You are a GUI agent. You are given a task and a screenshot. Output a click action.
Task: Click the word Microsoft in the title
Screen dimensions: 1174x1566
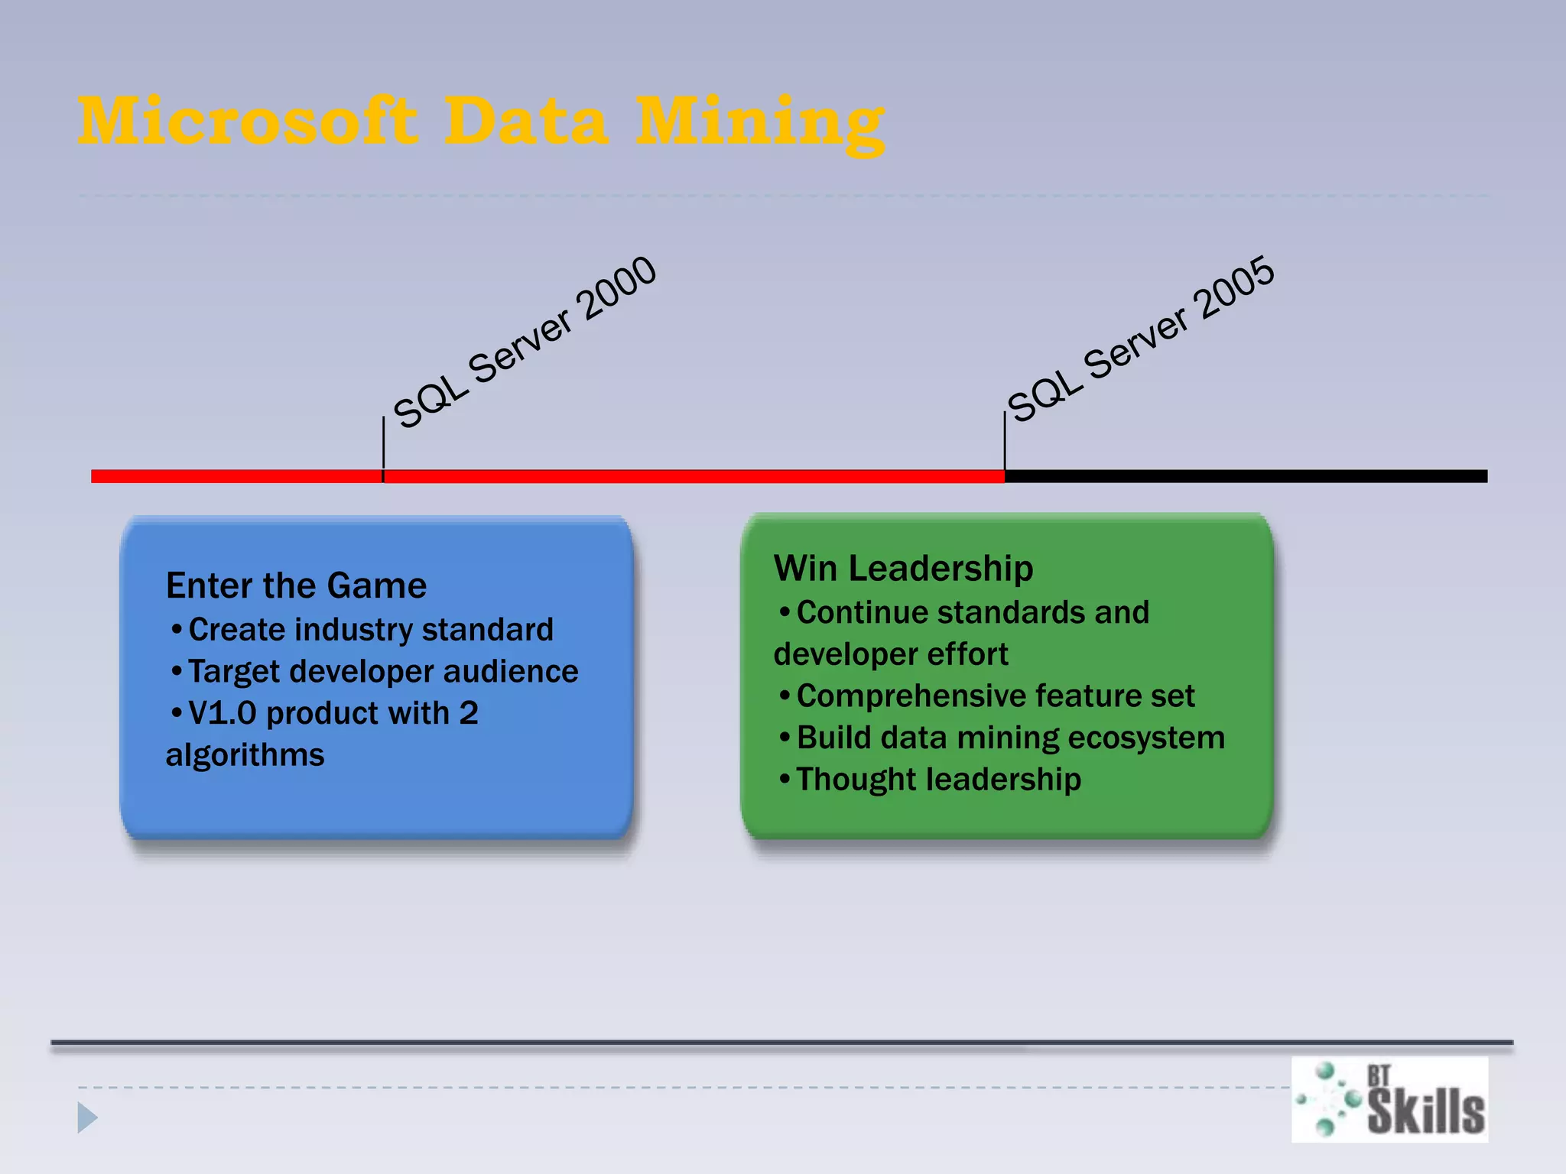pyautogui.click(x=249, y=121)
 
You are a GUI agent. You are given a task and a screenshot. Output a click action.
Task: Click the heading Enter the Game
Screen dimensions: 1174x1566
pyautogui.click(x=296, y=585)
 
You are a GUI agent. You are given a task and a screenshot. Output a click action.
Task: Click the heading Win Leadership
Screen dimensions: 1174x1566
pyautogui.click(x=903, y=569)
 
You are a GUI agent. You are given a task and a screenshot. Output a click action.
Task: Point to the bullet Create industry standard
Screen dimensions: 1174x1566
pyautogui.click(x=370, y=630)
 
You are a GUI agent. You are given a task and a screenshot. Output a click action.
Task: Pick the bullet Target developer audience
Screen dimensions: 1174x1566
pyautogui.click(x=382, y=671)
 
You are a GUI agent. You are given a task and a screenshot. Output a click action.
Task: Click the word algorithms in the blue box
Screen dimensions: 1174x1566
pyautogui.click(x=245, y=755)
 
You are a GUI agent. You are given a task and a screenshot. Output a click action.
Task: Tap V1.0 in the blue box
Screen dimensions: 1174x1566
pyautogui.click(x=222, y=713)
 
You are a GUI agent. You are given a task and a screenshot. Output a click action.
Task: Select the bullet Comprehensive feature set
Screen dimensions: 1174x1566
pyautogui.click(x=994, y=696)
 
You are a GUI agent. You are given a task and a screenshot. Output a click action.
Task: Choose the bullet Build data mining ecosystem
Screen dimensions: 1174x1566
pyautogui.click(x=1009, y=738)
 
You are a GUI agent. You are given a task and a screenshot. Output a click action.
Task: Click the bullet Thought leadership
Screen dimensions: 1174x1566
pyautogui.click(x=938, y=780)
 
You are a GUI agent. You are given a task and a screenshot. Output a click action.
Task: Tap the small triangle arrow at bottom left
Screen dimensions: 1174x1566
pyautogui.click(x=87, y=1117)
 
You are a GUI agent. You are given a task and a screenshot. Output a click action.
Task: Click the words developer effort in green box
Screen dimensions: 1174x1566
pyautogui.click(x=890, y=654)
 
